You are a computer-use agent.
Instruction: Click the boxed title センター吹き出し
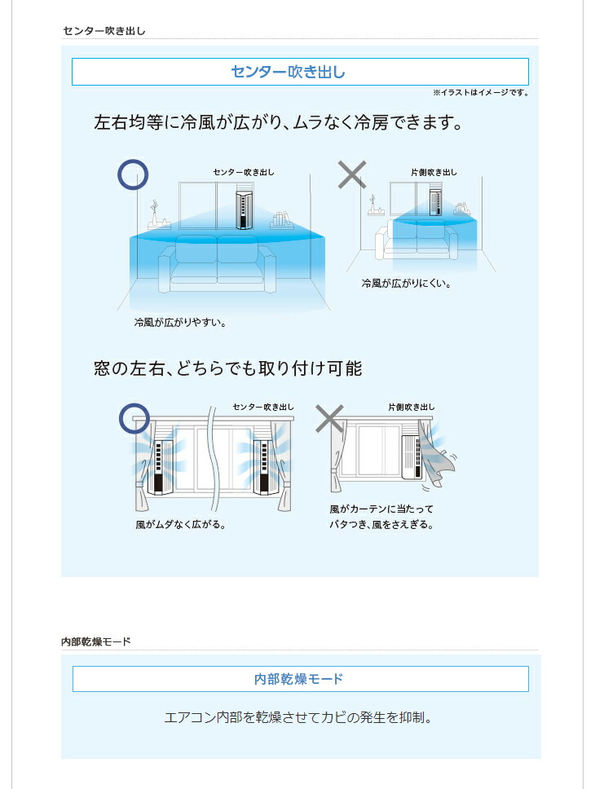[x=300, y=73]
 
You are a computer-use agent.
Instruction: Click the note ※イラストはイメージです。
[x=480, y=93]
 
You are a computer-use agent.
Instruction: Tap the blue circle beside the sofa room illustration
[x=134, y=174]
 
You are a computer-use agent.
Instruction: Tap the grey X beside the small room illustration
[x=351, y=174]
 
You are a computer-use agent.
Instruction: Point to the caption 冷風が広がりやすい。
[x=179, y=323]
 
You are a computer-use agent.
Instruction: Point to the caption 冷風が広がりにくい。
[x=406, y=284]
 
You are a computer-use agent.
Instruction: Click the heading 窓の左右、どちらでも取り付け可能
[x=227, y=368]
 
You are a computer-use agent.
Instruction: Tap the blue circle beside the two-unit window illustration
[x=134, y=418]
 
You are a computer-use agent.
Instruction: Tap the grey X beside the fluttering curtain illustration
[x=329, y=418]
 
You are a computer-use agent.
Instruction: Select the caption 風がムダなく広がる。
[x=180, y=525]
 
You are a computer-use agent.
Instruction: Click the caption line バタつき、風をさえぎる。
[x=381, y=525]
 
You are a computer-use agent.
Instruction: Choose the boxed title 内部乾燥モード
[x=300, y=679]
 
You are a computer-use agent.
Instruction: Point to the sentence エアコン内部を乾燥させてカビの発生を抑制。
[x=297, y=718]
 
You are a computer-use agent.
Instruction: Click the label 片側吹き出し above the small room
[x=434, y=173]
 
